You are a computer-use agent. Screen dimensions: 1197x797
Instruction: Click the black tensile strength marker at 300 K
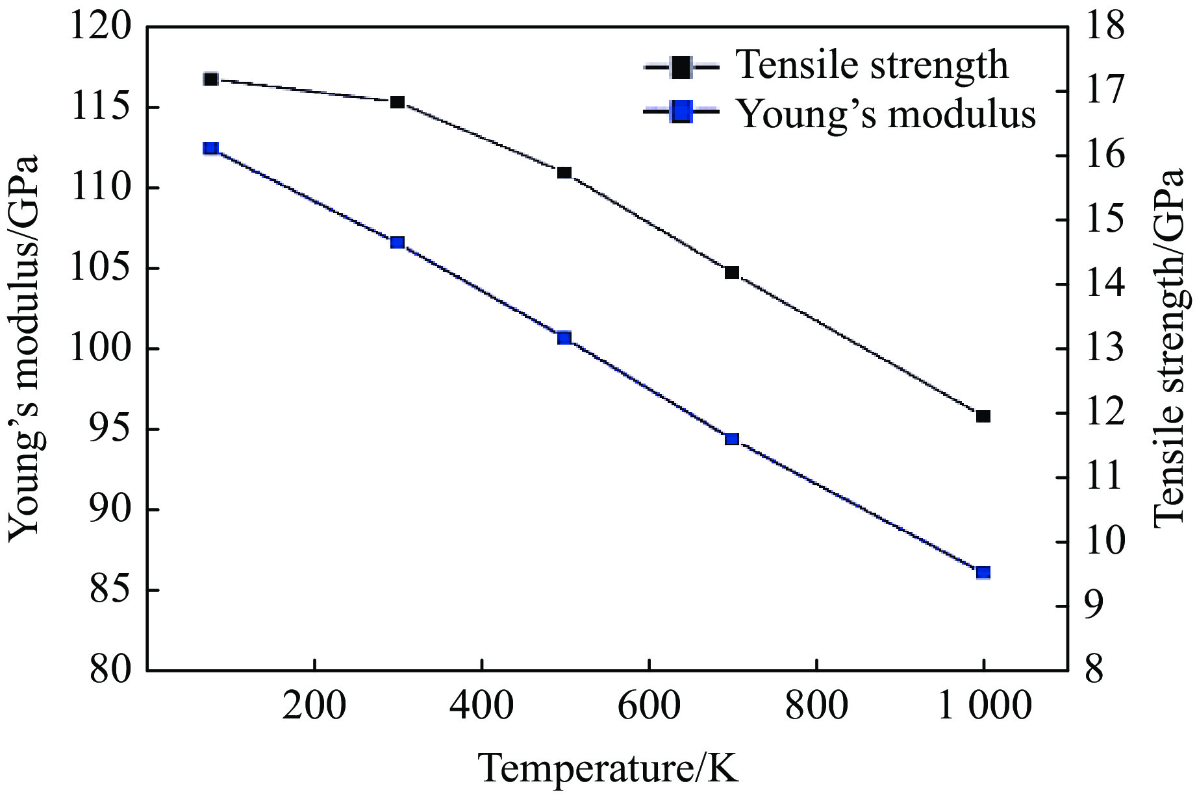[397, 102]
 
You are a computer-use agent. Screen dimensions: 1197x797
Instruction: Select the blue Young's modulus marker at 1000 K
[983, 572]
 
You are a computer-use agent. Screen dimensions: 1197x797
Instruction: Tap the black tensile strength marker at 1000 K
[983, 416]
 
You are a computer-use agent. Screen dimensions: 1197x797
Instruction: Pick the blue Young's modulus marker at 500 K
[564, 337]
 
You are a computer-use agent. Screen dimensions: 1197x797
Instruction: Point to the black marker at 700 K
[732, 273]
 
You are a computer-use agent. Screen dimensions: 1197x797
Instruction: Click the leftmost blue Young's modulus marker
[210, 149]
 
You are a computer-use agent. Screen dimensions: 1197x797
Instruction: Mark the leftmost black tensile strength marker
[210, 79]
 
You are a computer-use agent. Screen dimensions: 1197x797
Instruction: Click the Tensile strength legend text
[872, 64]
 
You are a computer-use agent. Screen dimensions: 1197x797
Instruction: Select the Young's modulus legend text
[887, 114]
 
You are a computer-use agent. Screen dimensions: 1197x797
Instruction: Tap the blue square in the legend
[681, 113]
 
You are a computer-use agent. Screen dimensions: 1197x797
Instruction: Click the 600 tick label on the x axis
[649, 705]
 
